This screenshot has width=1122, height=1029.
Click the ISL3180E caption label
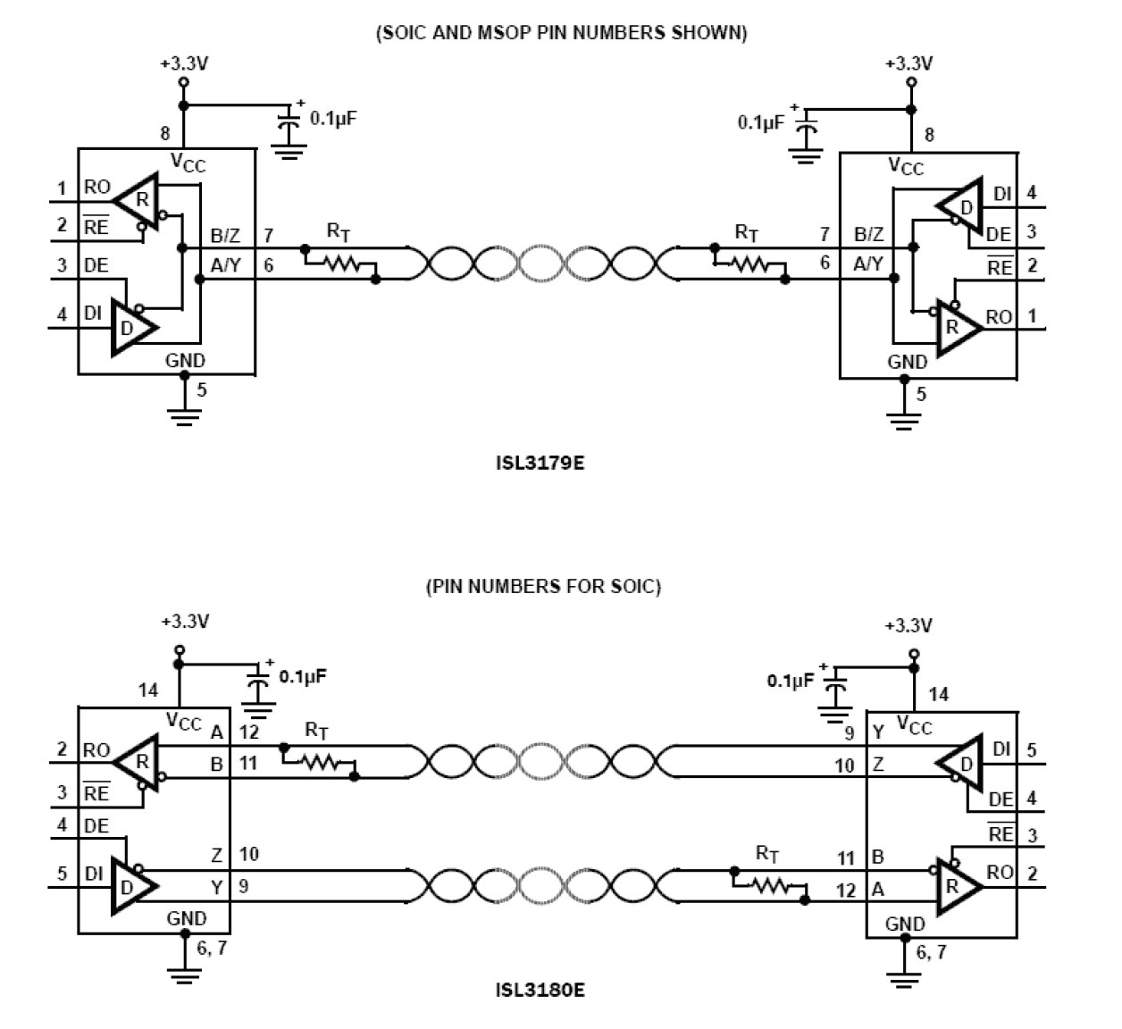pos(540,990)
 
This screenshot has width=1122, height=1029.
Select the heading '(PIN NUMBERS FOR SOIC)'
pos(543,587)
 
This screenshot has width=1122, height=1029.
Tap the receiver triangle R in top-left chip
pos(138,201)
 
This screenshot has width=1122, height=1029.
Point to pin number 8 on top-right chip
pos(929,136)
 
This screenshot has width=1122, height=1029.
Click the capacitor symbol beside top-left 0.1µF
pos(288,130)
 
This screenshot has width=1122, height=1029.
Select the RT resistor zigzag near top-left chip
pos(340,264)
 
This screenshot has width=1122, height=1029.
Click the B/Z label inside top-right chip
pos(868,235)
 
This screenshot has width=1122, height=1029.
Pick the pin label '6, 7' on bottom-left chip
pos(212,948)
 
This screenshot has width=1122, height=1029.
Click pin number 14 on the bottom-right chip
pos(938,694)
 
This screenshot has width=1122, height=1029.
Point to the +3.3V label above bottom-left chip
pos(185,621)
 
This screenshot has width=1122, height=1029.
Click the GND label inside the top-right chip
pos(907,362)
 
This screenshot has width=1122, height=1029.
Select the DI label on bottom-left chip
pos(94,873)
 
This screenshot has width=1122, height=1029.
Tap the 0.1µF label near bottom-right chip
pos(791,681)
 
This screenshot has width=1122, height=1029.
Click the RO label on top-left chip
pos(97,188)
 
